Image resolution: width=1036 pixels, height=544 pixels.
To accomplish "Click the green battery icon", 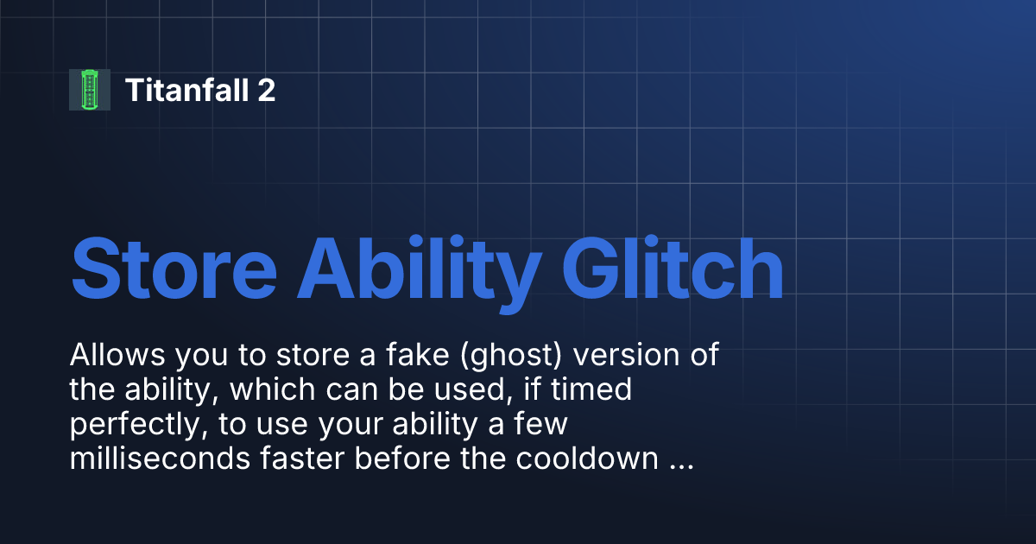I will [90, 90].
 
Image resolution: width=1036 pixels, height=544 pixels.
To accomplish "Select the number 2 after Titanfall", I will [266, 90].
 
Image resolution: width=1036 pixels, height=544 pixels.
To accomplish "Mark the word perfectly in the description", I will [129, 425].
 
